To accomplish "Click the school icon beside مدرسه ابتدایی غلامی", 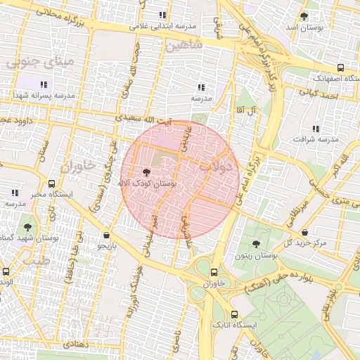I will pos(163,15).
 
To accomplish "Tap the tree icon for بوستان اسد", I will pos(304,15).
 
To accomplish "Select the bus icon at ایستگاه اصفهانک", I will pos(341,68).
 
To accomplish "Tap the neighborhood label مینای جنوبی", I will pos(39,62).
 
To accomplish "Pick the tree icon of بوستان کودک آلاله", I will pos(146,172).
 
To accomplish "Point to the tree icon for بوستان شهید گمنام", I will pos(27,227).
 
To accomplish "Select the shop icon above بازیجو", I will pos(106,236).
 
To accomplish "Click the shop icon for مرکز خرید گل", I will pos(304,232).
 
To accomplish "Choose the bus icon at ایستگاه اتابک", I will pos(234,315).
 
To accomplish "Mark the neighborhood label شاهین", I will pos(184,44).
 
